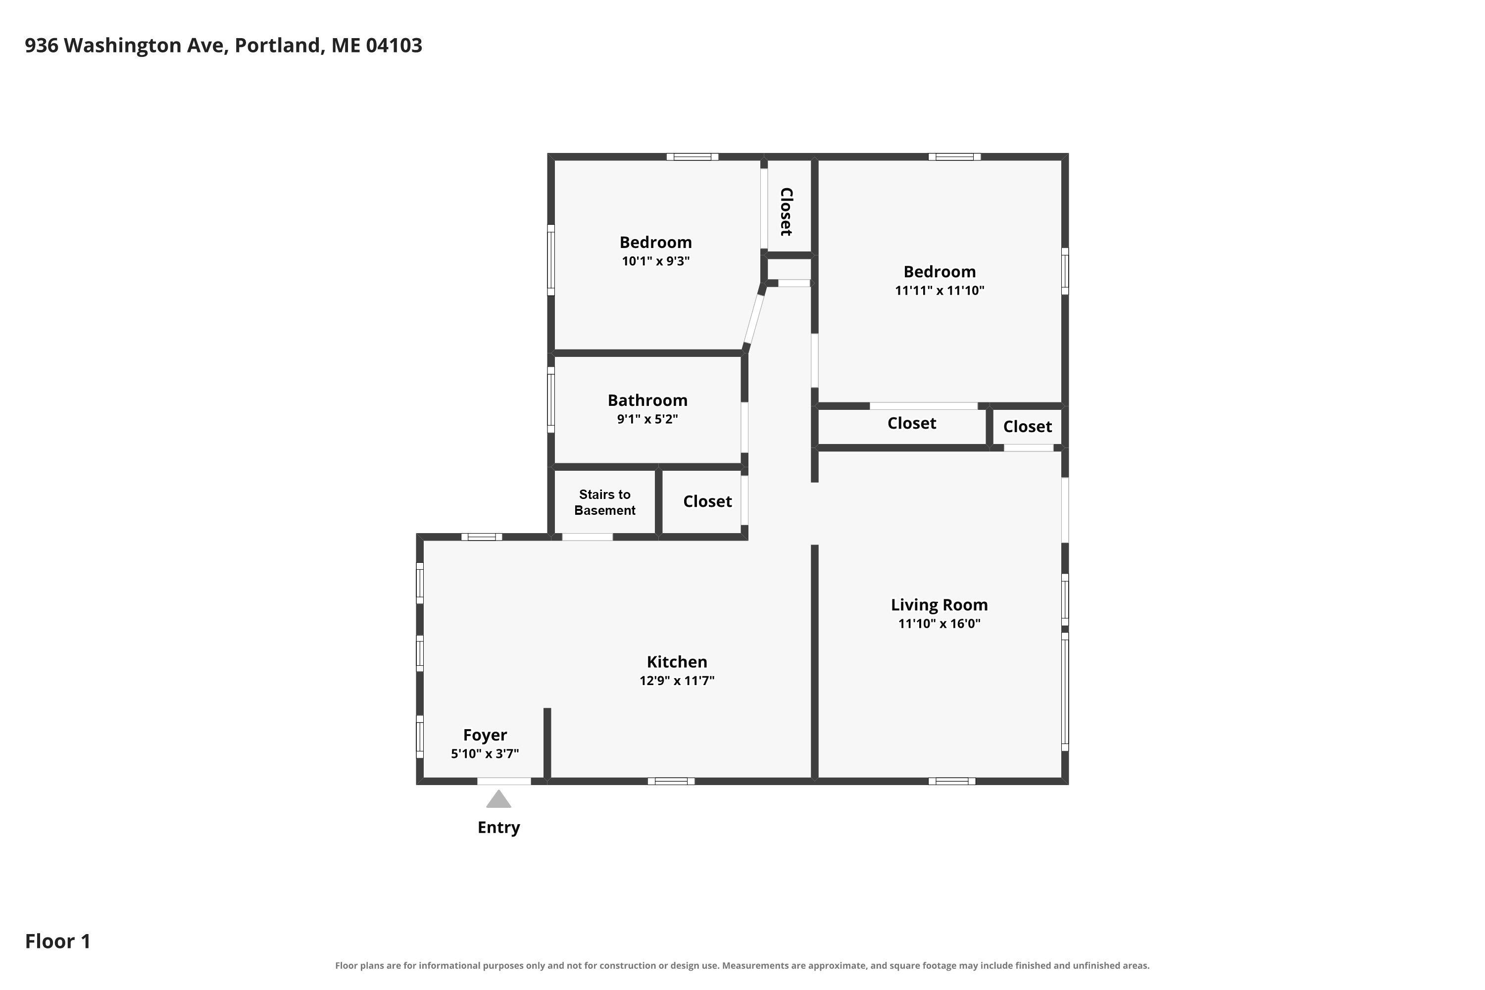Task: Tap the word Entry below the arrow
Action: (499, 828)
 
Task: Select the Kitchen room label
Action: (677, 662)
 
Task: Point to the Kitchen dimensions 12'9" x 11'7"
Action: (677, 681)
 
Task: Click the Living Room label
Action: (940, 605)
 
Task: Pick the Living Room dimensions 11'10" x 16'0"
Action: (940, 624)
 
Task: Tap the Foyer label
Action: (485, 735)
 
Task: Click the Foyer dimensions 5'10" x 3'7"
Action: (485, 754)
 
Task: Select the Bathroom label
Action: (648, 400)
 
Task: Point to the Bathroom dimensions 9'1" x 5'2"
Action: (648, 419)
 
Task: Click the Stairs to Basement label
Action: (605, 502)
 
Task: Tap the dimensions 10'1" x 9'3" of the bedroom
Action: (656, 261)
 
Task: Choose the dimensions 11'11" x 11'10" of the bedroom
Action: (940, 291)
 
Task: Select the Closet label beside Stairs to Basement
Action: (707, 501)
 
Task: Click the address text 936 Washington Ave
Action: (126, 46)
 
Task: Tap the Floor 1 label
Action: (58, 941)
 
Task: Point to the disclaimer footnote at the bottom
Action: (742, 965)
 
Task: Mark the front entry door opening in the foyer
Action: (504, 781)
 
